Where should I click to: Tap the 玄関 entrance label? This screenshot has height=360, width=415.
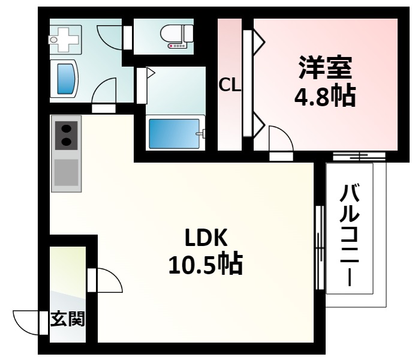[x=67, y=319]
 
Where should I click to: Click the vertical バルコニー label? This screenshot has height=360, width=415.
[x=349, y=235]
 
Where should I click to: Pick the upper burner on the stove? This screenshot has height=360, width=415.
[x=66, y=128]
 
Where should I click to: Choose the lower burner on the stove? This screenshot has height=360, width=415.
[x=66, y=143]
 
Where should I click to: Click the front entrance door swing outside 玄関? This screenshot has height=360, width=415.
[x=28, y=322]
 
